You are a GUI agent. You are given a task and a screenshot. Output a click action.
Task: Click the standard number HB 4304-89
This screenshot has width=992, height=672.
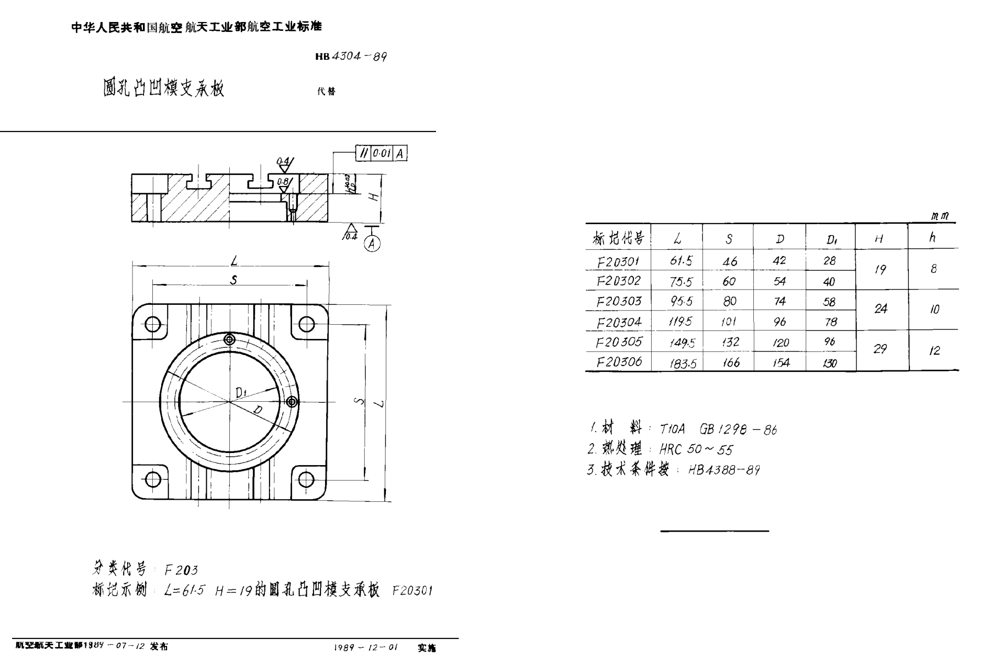click(x=351, y=57)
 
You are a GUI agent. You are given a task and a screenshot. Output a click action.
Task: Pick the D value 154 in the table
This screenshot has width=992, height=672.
click(x=781, y=362)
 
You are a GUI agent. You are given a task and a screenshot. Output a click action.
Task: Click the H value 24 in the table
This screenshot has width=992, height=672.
click(x=880, y=309)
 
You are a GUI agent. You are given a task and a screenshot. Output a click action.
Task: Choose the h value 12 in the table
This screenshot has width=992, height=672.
click(x=934, y=350)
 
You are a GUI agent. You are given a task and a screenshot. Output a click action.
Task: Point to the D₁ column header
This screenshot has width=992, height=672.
click(x=831, y=239)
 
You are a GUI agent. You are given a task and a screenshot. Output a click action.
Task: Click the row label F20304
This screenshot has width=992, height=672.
click(x=619, y=322)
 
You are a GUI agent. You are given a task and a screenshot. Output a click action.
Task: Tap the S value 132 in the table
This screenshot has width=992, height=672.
click(x=730, y=342)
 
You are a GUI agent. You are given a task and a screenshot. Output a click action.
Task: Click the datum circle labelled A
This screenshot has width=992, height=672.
click(x=372, y=244)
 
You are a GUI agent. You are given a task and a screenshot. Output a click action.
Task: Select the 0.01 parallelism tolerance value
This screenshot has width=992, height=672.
click(x=382, y=153)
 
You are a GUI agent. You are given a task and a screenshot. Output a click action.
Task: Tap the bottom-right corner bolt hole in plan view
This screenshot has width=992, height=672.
click(x=306, y=479)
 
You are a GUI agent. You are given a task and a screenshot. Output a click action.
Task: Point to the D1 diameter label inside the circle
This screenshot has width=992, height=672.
click(x=241, y=392)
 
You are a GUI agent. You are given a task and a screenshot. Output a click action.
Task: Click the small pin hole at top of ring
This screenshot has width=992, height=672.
click(x=229, y=339)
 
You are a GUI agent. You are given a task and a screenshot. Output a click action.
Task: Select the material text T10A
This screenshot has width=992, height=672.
click(x=672, y=429)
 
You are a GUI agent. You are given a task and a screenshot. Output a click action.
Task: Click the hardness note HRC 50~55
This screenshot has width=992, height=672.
click(x=696, y=449)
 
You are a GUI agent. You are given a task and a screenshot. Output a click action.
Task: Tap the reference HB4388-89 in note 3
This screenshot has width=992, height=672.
click(x=724, y=470)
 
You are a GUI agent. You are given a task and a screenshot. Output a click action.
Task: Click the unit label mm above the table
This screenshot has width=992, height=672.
click(x=940, y=216)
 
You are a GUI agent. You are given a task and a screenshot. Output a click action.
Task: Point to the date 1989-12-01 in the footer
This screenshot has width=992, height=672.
click(x=366, y=647)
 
